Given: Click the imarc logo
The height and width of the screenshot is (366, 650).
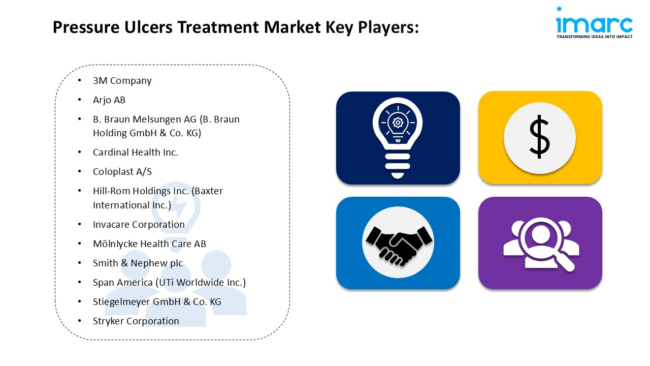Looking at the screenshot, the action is pos(594,23).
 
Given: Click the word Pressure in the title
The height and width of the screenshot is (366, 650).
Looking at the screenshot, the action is pos(86,27).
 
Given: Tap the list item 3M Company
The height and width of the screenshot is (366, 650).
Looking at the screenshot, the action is pos(122,81).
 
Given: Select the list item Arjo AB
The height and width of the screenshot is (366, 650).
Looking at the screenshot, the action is pos(109,100).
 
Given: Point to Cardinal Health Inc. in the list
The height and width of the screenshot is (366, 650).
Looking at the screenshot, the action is pos(136,152).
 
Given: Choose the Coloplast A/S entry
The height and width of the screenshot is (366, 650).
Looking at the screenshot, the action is pos(122,172).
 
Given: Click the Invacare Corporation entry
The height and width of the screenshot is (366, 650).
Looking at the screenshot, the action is pos(139,225).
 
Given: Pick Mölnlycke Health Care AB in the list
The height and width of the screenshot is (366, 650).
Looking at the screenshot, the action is pos(149,243).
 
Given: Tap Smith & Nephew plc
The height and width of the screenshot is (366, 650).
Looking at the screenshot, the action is pos(138,263).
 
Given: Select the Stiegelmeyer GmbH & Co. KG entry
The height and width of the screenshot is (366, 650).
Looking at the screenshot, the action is pos(157,302).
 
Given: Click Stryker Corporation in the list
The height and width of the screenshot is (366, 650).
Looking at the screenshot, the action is pos(136,321).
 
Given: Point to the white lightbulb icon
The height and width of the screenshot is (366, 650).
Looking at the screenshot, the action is pos(398,138).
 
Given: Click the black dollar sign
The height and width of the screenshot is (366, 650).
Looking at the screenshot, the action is pos(539,137).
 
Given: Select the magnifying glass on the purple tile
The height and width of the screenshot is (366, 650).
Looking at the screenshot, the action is pos(545,244).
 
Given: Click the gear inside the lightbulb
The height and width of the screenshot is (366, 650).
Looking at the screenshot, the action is pos(398,123).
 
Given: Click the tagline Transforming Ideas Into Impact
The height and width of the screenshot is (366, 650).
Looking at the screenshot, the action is pos(594,37).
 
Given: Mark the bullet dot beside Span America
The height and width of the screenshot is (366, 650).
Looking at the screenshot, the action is pos(80,282).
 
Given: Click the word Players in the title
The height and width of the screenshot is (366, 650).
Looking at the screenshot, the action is pos(388,27).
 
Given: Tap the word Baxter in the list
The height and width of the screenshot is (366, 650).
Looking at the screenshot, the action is pos(209,191).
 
